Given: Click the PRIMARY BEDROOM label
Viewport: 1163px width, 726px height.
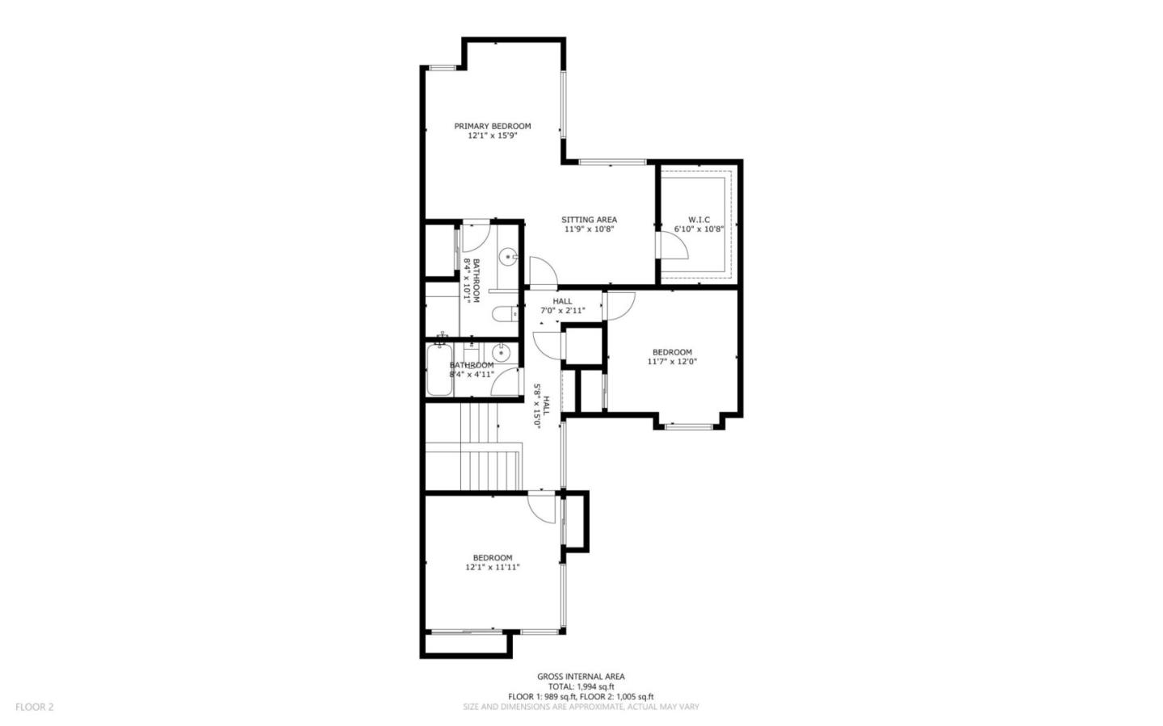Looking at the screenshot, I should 492,126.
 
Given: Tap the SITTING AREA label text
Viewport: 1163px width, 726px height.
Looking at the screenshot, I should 589,220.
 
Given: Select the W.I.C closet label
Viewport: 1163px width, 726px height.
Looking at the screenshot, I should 699,220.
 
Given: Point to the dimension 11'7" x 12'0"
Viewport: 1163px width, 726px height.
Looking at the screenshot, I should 671,362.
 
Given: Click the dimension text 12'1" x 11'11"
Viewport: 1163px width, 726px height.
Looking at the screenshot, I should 492,567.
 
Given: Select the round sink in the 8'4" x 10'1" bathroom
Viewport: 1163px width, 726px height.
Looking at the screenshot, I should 508,258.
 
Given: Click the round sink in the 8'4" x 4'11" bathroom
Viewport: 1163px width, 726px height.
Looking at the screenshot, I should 501,352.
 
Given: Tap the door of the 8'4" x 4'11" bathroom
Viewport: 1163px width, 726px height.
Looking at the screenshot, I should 506,381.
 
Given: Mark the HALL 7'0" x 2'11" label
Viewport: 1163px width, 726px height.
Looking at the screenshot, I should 562,305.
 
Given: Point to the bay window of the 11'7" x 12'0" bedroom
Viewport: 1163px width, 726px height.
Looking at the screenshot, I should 688,426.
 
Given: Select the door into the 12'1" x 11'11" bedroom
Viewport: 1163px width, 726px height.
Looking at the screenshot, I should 542,506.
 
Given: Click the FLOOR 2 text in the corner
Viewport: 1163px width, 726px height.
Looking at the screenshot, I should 34,707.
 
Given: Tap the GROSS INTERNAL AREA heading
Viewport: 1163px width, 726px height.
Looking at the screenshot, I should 581,677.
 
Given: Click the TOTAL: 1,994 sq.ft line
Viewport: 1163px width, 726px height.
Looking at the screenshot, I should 581,686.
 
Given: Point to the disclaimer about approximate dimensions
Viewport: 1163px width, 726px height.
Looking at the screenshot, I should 581,707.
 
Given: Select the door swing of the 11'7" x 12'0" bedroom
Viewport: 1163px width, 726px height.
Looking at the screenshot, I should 620,304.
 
